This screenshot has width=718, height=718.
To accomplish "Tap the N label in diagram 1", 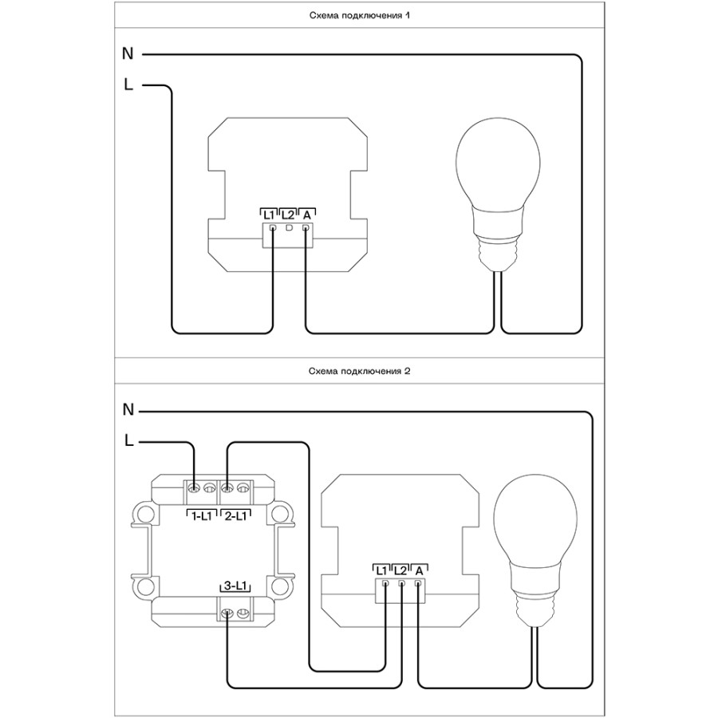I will [x=128, y=54].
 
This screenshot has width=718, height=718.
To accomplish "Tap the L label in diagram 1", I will [x=128, y=85].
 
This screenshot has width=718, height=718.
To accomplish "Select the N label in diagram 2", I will [x=128, y=409].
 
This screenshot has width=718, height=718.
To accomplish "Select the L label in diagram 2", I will [x=128, y=440].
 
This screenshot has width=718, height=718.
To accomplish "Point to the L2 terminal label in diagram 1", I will [x=287, y=215].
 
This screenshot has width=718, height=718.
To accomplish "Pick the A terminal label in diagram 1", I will [x=306, y=215].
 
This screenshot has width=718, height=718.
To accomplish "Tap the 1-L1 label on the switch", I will [x=199, y=516].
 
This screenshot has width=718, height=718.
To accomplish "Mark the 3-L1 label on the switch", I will [x=235, y=587].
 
